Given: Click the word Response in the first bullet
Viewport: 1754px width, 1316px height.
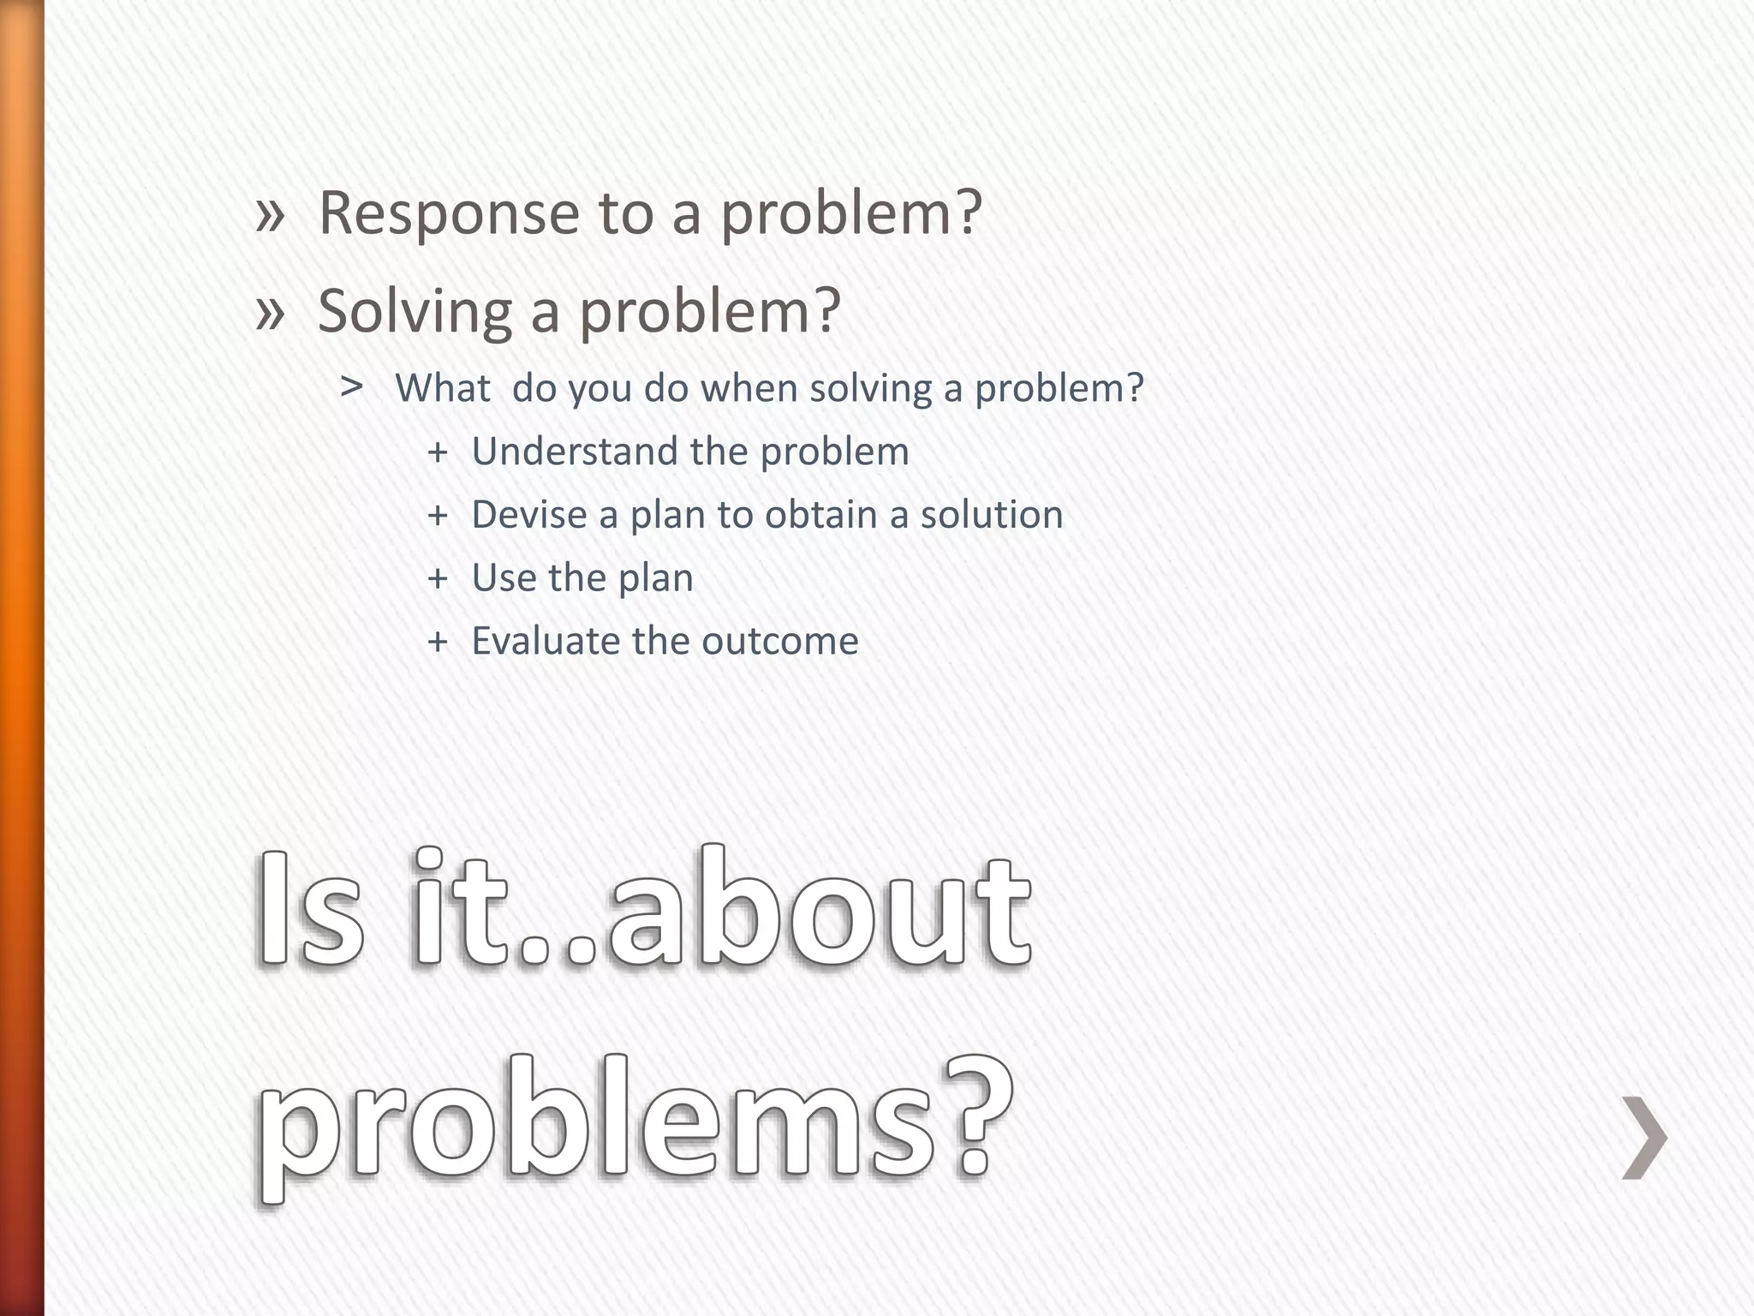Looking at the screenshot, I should (449, 213).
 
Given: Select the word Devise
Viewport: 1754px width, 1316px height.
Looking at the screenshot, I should (526, 515).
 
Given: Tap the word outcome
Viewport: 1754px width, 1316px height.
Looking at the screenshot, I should (781, 641).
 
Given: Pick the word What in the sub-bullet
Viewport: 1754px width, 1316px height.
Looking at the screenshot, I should (443, 389).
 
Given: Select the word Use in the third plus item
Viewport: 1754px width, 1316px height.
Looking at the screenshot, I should (504, 578).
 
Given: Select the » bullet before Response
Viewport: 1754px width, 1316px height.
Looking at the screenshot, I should (270, 214).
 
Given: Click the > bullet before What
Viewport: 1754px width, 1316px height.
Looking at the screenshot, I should (351, 388).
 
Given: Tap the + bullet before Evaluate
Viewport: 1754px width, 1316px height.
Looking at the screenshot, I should (438, 642).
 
